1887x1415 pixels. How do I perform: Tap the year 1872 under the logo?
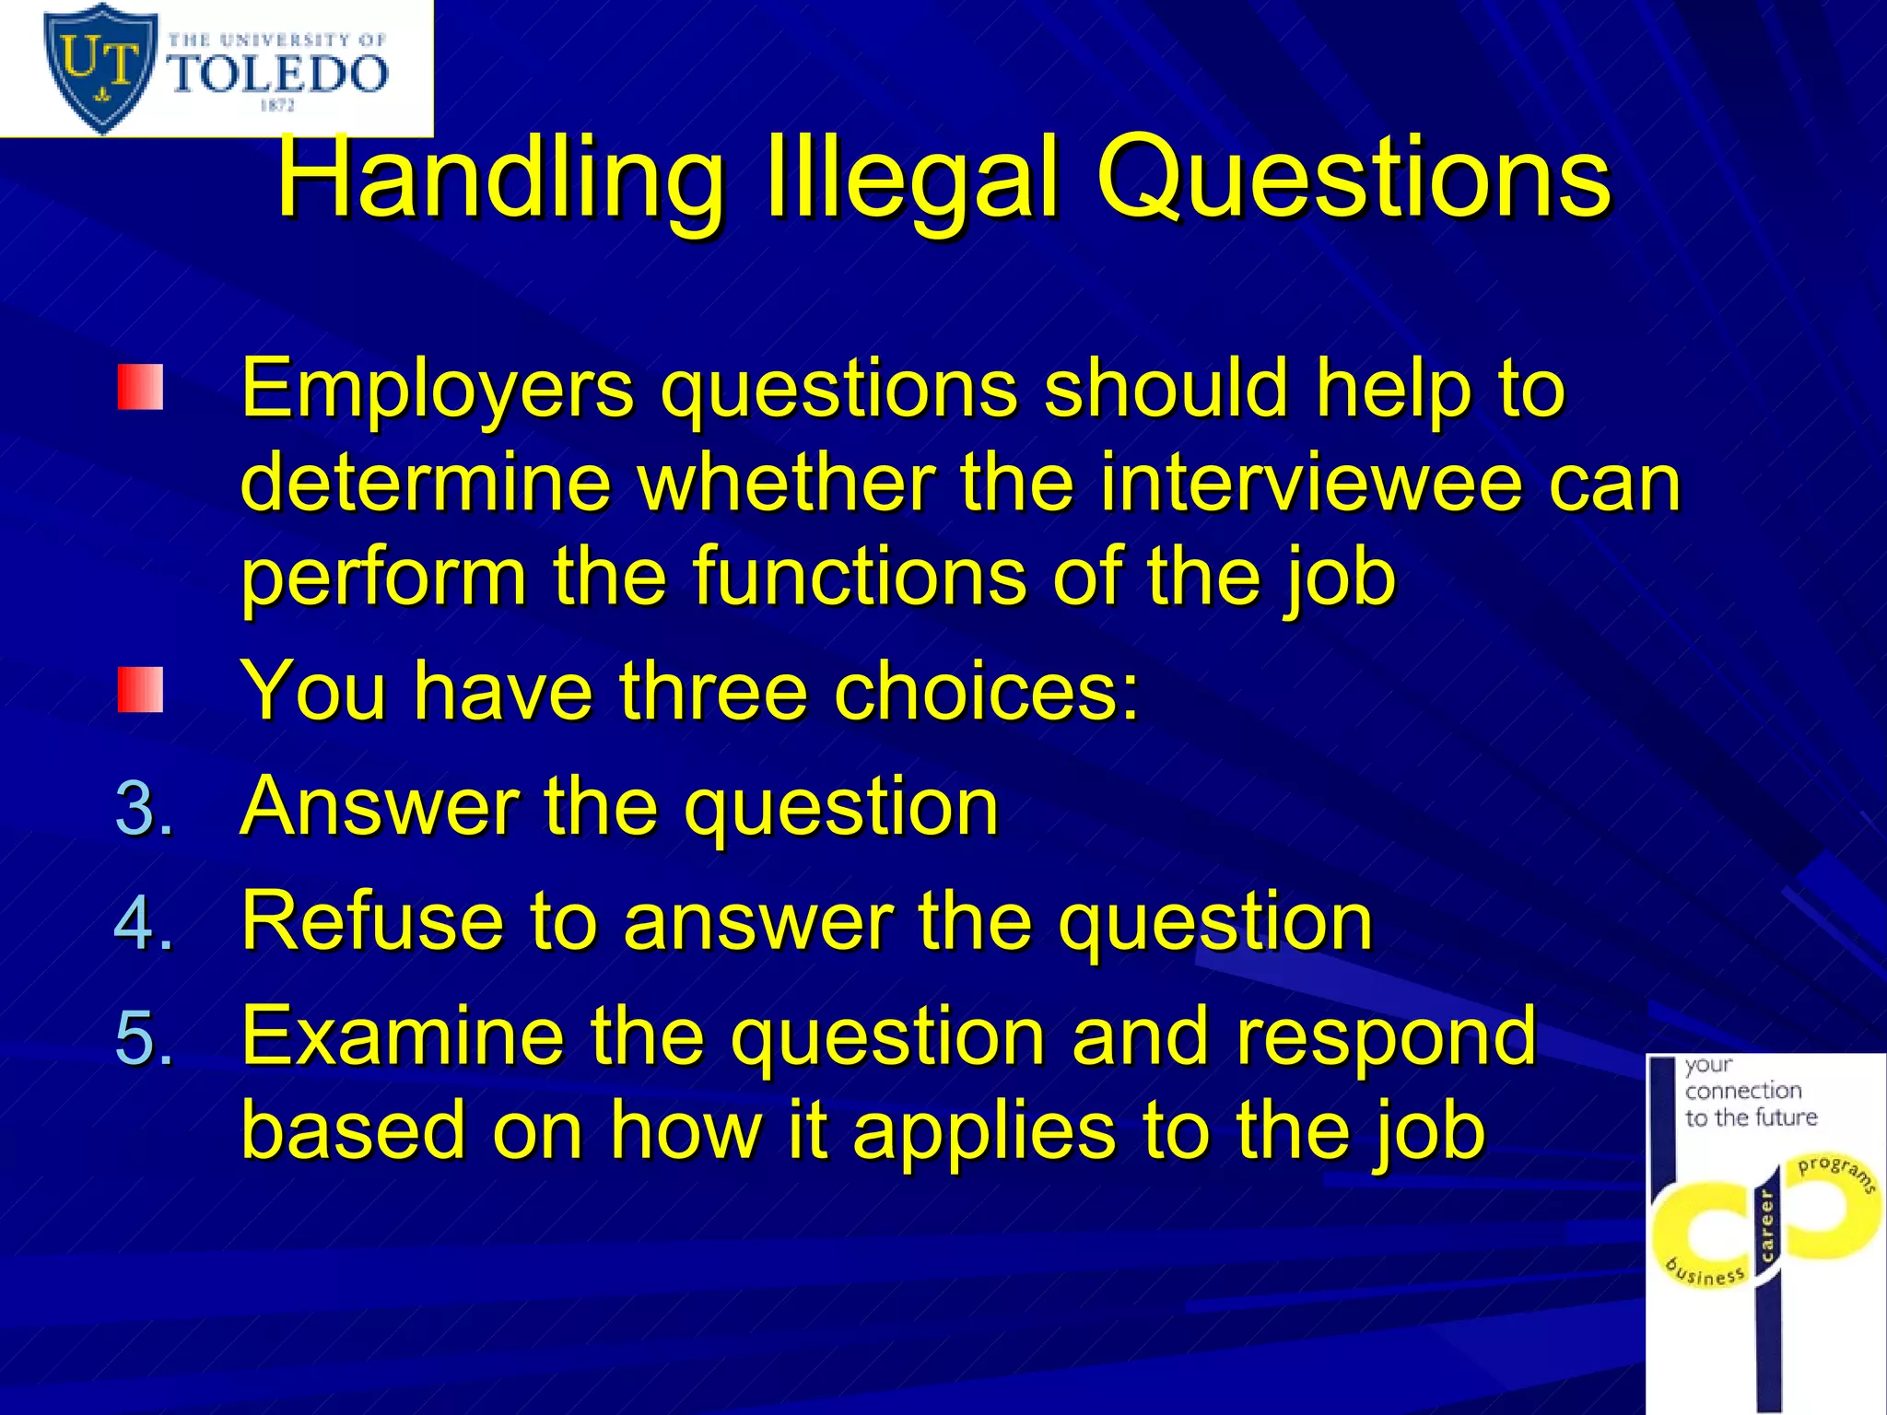276,106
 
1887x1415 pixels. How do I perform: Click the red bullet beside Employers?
140,387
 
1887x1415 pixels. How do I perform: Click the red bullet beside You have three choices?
140,691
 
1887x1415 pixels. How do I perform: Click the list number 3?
144,808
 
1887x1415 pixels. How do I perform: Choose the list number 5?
144,1038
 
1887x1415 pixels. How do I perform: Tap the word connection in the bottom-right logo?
1743,1091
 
